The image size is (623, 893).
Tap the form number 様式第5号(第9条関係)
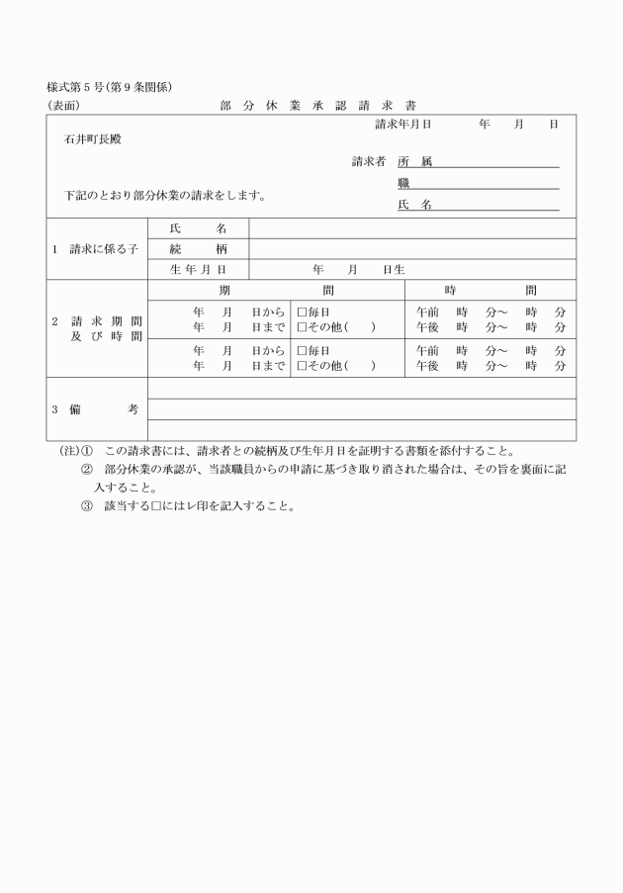[110, 87]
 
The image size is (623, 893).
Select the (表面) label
[63, 106]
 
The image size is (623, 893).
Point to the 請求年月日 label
[402, 125]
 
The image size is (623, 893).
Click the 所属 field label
[414, 161]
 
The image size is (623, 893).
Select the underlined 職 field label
[403, 183]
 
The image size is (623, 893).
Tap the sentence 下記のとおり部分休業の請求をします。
[165, 195]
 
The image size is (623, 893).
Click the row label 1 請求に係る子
[96, 249]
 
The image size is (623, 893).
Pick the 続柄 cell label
[198, 249]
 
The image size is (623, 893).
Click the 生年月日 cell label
[198, 269]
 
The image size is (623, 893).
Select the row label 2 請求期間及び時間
[96, 329]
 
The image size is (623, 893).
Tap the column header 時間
[489, 290]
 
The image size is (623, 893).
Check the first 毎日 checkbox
[303, 312]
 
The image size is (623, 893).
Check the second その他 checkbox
[303, 366]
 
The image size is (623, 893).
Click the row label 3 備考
[96, 408]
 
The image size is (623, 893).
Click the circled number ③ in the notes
[87, 506]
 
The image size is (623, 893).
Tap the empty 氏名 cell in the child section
[411, 228]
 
